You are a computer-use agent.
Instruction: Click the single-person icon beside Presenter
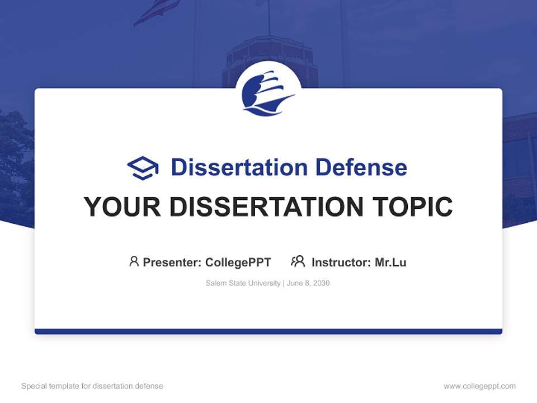(134, 261)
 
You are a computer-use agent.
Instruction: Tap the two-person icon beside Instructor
(298, 261)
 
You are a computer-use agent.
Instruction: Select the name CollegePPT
(238, 262)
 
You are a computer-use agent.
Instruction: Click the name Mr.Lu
(390, 262)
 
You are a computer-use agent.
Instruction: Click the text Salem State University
(243, 283)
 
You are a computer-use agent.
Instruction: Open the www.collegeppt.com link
(479, 386)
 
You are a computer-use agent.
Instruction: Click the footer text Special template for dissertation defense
(92, 386)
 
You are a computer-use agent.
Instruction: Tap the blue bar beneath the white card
(268, 331)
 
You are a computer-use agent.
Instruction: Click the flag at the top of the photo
(157, 11)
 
